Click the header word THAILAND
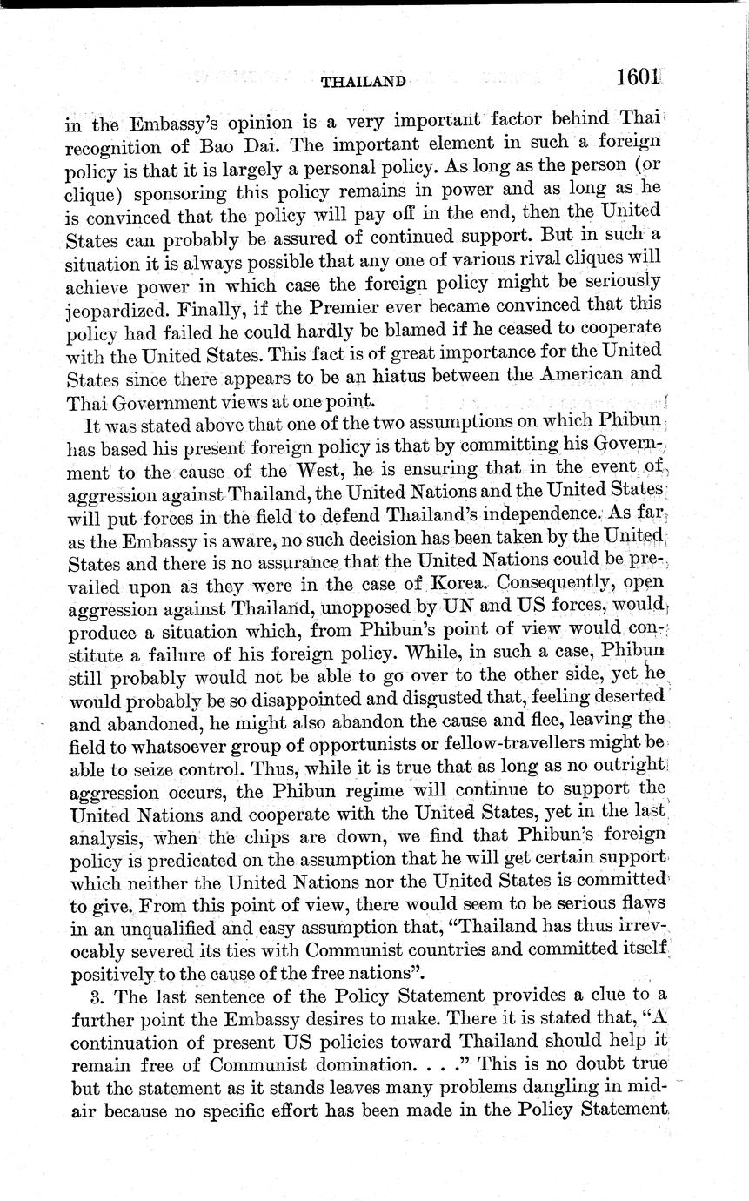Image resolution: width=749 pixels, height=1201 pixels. click(x=364, y=83)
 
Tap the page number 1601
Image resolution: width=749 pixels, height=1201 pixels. click(x=639, y=77)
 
